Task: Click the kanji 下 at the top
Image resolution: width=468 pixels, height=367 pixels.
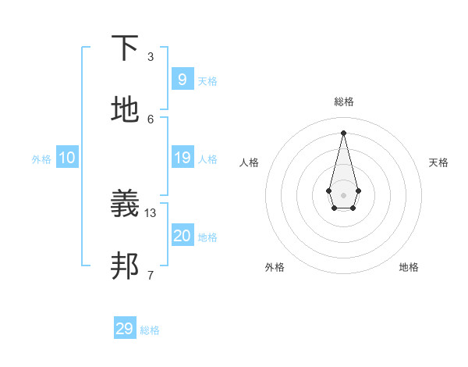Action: coord(126,48)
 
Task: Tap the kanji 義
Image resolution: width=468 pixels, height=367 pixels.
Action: coord(126,205)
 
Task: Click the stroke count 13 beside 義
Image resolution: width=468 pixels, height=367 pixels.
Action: coord(151,212)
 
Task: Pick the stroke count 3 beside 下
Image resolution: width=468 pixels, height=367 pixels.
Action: coord(151,56)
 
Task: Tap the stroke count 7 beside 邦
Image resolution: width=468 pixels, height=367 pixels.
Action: coord(151,275)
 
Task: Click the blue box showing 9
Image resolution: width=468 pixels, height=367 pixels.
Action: coord(182,79)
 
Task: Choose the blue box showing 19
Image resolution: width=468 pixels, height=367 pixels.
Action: coord(182,158)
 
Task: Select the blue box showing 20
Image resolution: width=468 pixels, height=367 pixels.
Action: coord(182,236)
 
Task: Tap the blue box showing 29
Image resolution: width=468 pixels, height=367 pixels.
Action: coord(125,329)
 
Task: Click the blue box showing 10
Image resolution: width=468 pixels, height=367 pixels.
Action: coord(66,158)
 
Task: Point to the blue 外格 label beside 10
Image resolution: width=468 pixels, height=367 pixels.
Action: coord(41,159)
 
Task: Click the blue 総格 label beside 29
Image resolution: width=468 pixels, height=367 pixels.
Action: coord(150,331)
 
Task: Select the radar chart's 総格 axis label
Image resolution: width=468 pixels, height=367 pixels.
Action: coord(343,102)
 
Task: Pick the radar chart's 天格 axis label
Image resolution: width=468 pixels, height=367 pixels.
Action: coord(438,162)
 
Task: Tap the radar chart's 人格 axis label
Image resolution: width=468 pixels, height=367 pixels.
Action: coord(250,162)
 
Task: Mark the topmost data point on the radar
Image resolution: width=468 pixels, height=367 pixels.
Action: coord(343,132)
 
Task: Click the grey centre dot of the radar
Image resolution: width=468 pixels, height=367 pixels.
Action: coord(343,194)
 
